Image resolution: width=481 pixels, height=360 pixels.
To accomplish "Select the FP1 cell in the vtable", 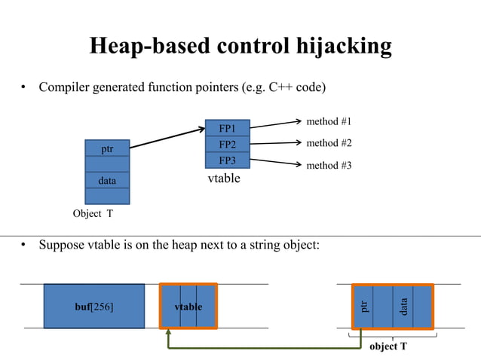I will click(227, 128).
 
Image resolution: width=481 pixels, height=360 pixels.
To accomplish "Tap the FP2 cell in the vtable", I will click(227, 144).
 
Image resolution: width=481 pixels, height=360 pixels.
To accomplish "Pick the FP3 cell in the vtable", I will click(227, 160).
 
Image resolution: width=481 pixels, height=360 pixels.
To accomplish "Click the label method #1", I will click(329, 121).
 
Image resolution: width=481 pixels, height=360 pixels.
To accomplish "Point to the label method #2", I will click(329, 143).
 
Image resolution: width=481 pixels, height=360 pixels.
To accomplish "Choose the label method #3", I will click(329, 165).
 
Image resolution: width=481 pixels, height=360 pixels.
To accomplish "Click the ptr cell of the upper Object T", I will click(107, 148).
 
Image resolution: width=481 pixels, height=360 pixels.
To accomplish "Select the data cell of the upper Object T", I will click(107, 181).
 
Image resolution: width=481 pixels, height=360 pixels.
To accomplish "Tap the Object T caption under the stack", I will click(93, 214).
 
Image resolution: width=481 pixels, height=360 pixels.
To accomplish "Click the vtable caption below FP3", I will click(224, 179).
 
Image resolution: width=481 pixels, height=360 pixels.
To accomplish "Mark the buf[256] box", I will click(94, 307).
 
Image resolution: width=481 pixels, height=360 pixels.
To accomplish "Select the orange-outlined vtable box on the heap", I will click(188, 307).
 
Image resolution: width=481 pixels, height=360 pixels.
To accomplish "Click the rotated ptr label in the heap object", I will click(366, 306).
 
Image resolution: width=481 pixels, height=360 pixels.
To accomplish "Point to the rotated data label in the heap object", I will click(404, 306).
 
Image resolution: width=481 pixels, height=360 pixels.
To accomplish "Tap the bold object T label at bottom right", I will click(388, 346).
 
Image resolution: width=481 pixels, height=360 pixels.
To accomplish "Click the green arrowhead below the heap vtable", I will click(167, 334).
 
